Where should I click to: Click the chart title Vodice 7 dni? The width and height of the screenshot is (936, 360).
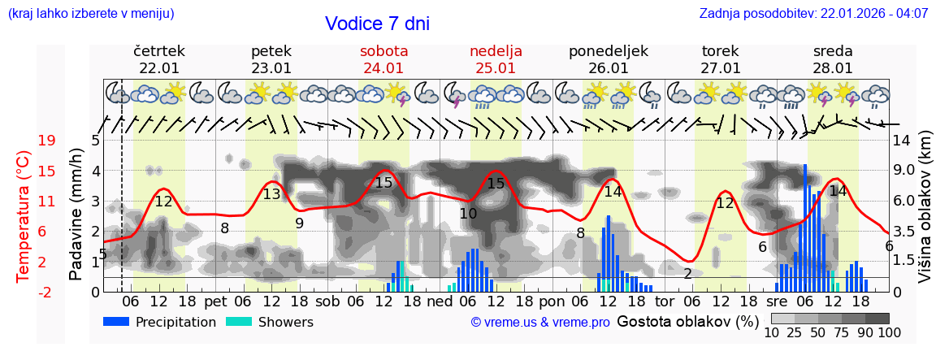point(377,24)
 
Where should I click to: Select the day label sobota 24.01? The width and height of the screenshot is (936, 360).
point(383,59)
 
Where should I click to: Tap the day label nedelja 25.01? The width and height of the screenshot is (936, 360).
point(496,59)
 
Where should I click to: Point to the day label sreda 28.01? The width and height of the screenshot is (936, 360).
point(833,59)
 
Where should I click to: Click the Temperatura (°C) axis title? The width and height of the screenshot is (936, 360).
point(24,216)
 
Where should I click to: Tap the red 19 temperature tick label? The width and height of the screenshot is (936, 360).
point(47,141)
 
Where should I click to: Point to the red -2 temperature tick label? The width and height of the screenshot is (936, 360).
point(47,292)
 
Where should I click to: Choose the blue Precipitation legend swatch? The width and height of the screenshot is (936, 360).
point(117,322)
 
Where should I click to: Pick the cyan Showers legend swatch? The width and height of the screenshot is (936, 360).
point(239,322)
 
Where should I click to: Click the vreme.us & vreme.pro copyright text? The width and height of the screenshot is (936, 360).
point(540,323)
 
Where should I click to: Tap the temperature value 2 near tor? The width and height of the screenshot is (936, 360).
point(687,274)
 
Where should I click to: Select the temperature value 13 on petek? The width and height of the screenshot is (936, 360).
point(271,194)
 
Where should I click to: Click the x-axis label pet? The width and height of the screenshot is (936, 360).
point(216,301)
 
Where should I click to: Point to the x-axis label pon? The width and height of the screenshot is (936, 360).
point(551,301)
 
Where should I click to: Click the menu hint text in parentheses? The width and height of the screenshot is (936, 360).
point(91,13)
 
